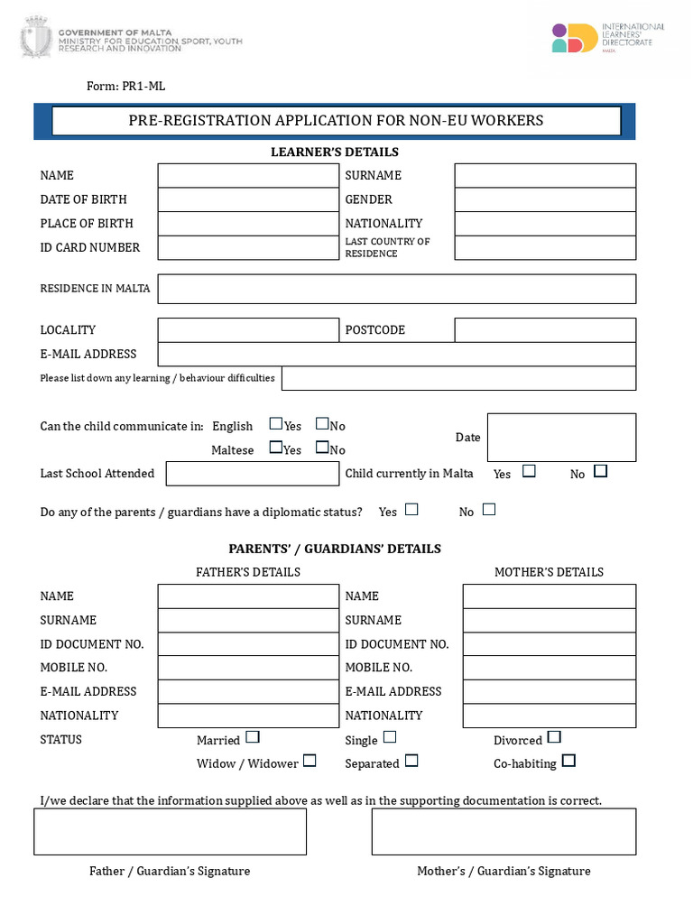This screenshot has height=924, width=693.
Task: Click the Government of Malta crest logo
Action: (x=37, y=36)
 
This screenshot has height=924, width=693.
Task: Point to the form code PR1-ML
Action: (x=125, y=87)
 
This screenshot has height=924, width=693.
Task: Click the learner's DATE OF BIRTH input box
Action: (x=247, y=199)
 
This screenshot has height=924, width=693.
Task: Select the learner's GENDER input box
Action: (x=545, y=199)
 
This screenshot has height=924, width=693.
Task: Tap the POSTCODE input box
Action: (x=545, y=330)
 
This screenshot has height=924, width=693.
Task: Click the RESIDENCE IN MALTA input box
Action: (x=396, y=289)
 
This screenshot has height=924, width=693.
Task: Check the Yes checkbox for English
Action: (x=275, y=424)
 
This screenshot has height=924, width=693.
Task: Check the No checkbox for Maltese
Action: (x=321, y=448)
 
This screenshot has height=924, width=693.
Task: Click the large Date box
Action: (x=561, y=438)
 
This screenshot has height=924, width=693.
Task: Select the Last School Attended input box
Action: (x=252, y=474)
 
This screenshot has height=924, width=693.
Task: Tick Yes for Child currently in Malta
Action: (x=529, y=471)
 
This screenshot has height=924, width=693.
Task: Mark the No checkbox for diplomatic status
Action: (x=489, y=510)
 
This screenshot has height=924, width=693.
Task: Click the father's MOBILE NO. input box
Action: (x=247, y=668)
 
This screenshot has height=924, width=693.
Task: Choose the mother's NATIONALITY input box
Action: (x=549, y=716)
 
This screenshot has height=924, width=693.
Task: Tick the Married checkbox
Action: (x=253, y=737)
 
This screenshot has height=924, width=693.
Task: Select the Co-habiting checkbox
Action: (x=568, y=762)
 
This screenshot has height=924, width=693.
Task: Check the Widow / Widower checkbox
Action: (x=310, y=761)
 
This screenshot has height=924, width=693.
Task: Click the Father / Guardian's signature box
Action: (x=170, y=832)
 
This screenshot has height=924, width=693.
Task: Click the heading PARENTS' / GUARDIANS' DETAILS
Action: (x=335, y=549)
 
